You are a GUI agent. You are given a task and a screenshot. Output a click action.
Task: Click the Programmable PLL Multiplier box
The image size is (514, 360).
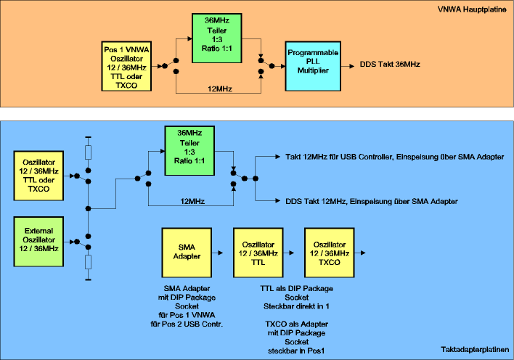[313, 65]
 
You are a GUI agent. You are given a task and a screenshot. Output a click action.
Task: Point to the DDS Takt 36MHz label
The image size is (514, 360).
[389, 65]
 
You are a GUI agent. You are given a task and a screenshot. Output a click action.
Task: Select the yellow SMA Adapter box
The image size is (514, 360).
[186, 251]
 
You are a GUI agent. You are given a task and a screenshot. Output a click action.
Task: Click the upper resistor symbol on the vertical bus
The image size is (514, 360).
[88, 152]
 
